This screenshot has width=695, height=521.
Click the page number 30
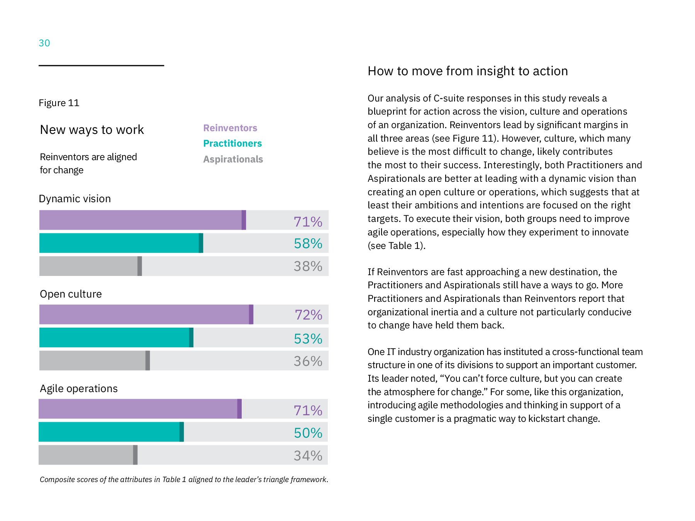[x=44, y=43]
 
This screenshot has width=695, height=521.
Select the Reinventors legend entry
[x=230, y=128]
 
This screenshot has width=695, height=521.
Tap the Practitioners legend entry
[x=232, y=143]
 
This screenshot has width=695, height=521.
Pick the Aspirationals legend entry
[x=233, y=159]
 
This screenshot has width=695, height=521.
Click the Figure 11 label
[x=59, y=103]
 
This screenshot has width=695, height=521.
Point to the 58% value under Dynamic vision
[x=308, y=243]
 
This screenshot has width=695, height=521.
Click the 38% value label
[x=308, y=266]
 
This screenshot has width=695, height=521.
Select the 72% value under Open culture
[x=308, y=315]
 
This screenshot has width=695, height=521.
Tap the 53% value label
[x=308, y=338]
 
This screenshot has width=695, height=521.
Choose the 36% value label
[x=308, y=361]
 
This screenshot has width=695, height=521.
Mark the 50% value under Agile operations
[x=308, y=433]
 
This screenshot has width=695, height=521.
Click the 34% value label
[x=308, y=455]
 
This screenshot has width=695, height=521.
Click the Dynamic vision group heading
[x=75, y=198]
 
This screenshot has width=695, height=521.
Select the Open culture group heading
[x=71, y=294]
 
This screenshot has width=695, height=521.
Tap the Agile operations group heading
[x=79, y=388]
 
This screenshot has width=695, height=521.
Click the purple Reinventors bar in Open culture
[x=146, y=315]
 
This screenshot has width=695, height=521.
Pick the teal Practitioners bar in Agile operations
[x=111, y=432]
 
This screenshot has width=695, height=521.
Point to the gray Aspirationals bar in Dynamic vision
[x=91, y=266]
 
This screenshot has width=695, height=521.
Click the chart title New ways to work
[x=92, y=130]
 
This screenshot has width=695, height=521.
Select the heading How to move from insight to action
[x=468, y=71]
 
